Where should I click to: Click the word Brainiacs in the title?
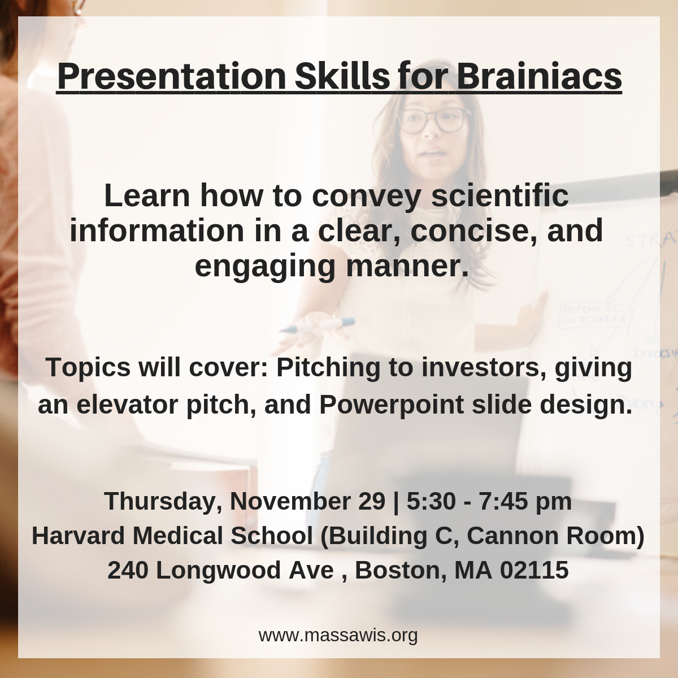point(540,76)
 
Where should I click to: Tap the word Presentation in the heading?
point(171,76)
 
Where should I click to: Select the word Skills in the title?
point(342,76)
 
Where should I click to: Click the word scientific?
point(500,195)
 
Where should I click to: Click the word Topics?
point(88,368)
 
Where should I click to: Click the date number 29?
point(372,501)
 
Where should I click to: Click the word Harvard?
point(79,536)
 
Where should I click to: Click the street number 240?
point(128,570)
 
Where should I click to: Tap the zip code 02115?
point(534,570)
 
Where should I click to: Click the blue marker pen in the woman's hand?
point(317,325)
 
